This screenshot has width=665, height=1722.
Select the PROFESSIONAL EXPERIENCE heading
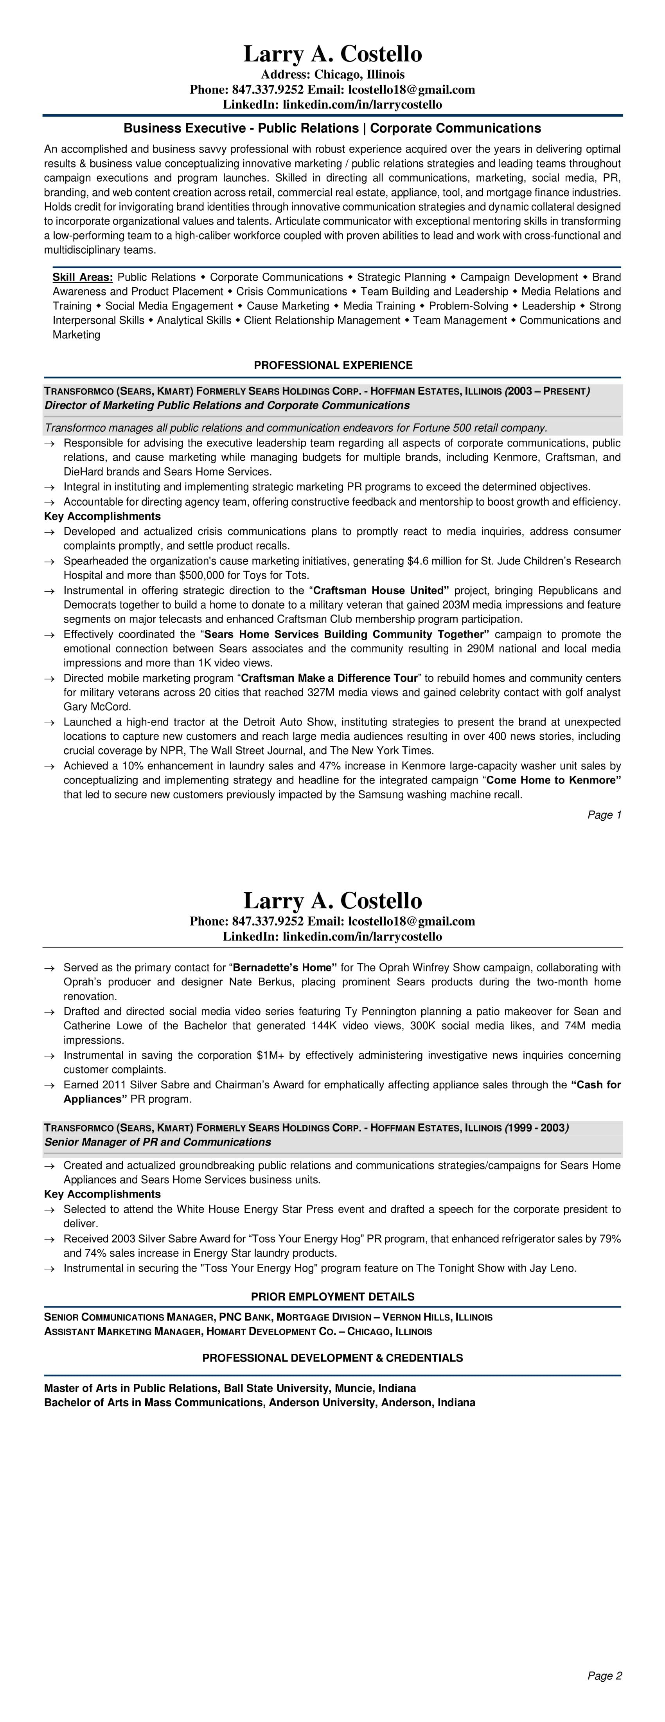333,365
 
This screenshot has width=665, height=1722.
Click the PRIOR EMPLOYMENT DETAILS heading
333,1296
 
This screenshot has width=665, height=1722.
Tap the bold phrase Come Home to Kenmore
554,780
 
